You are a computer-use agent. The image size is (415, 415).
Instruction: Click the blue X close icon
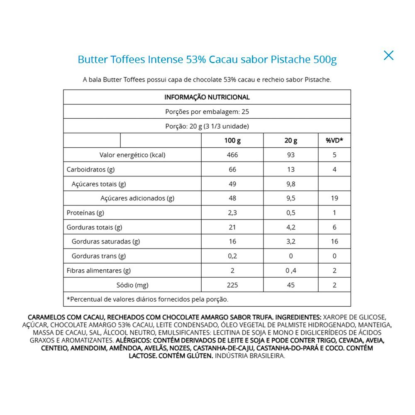[388, 55]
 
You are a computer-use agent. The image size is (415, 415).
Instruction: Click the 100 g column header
[232, 141]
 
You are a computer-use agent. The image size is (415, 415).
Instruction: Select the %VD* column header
[334, 141]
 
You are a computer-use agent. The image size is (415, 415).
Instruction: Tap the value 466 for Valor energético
[232, 155]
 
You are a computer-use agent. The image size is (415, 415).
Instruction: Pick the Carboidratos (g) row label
[91, 170]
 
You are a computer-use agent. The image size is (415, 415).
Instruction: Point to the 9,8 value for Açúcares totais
[291, 184]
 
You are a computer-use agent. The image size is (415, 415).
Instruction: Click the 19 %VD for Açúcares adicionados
[334, 198]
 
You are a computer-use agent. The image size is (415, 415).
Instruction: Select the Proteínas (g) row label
[85, 213]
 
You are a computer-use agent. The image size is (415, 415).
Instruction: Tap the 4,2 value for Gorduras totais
[291, 227]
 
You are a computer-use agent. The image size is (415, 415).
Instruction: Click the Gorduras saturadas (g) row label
[106, 242]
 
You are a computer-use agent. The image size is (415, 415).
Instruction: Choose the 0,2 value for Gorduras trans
[232, 256]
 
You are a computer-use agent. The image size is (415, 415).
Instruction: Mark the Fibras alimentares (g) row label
[99, 271]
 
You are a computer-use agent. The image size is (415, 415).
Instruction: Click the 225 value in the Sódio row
[232, 285]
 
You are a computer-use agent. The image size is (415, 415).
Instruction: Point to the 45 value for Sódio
[291, 285]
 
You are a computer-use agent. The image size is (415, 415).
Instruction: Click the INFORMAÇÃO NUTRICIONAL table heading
[207, 98]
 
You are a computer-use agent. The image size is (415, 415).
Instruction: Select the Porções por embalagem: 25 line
[207, 112]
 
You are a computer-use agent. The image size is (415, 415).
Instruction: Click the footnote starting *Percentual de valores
[147, 299]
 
